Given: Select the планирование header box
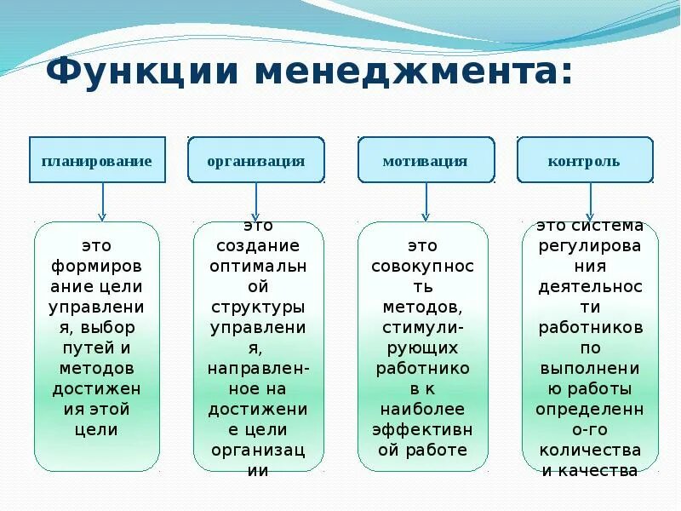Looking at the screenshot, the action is (97, 160).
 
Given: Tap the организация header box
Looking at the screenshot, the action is (255, 160).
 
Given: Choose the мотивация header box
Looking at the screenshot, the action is (425, 160).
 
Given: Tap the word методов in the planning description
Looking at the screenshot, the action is (97, 368).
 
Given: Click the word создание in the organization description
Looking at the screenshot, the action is (259, 246).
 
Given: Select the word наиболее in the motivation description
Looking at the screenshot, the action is (422, 410).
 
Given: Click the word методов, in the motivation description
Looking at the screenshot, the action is (422, 307).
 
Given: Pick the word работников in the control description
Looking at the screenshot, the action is (589, 328).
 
